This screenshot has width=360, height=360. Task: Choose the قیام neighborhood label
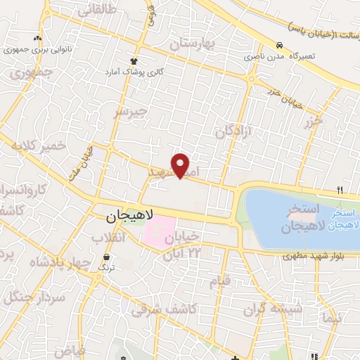220,281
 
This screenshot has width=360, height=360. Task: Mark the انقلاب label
108,238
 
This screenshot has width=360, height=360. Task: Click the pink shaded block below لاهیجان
158,232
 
